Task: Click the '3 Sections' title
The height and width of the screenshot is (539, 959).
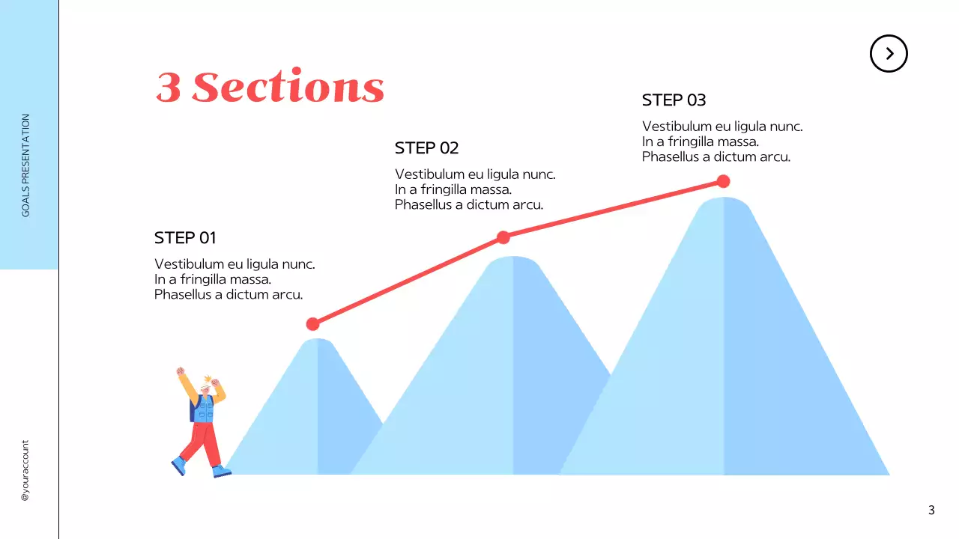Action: (x=270, y=88)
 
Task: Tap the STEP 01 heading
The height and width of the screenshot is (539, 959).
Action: (x=185, y=238)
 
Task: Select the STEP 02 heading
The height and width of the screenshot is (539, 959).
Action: (x=426, y=148)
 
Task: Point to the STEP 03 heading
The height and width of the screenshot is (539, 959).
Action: (x=674, y=100)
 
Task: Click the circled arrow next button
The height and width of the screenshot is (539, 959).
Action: (x=889, y=53)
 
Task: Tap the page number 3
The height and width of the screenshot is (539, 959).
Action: (x=931, y=511)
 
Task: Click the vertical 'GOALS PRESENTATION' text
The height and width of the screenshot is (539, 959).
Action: (x=26, y=165)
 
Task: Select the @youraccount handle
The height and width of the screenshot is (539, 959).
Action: (x=25, y=470)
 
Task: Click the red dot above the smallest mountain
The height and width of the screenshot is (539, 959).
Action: (x=313, y=324)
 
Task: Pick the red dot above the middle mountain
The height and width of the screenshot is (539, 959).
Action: (x=503, y=237)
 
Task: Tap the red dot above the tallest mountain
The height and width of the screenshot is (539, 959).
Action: (x=723, y=181)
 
